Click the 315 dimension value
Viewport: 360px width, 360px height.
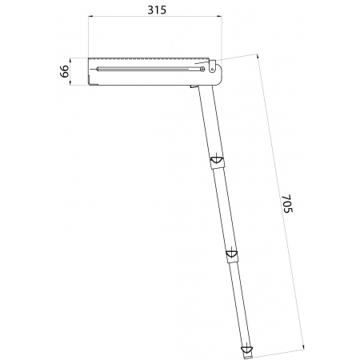point(157,10)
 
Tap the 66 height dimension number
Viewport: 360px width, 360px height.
point(64,71)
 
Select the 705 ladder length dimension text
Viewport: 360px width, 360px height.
point(287,204)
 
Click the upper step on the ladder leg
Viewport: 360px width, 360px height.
point(217,160)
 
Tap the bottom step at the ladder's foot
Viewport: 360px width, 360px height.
point(246,349)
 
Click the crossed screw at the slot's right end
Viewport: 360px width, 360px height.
point(202,69)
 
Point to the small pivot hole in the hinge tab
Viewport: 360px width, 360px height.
point(212,69)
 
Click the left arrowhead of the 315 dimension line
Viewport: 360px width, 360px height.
point(90,17)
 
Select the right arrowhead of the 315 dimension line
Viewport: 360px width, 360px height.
point(219,17)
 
